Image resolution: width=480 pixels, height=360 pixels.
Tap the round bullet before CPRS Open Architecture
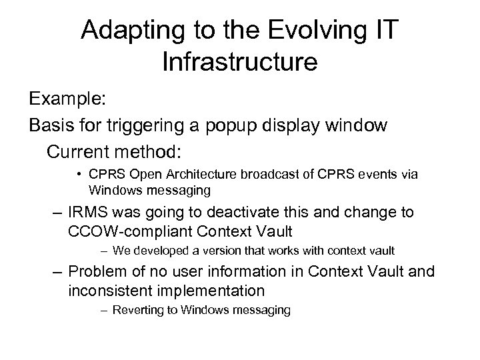tap(79, 175)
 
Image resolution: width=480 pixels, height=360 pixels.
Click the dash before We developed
tap(104, 251)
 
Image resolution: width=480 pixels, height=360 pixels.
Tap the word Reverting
tap(136, 310)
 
